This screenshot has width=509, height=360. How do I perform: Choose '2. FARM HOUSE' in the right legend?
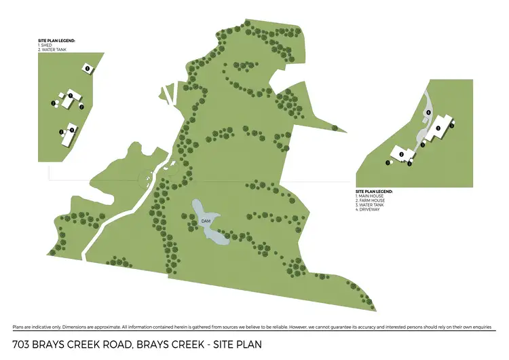point(371,200)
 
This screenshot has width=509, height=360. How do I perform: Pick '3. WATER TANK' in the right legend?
point(371,205)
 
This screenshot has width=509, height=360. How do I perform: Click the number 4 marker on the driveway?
point(428,113)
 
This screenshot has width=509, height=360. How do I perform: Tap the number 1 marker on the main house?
point(438,128)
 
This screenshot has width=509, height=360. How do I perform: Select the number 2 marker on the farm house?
point(402,155)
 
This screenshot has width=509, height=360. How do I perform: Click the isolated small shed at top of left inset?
point(87,67)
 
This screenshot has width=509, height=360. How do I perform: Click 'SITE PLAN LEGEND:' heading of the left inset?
point(56,41)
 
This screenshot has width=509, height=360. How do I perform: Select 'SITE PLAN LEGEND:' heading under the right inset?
point(375,191)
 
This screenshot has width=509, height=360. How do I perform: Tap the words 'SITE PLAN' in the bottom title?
point(237,345)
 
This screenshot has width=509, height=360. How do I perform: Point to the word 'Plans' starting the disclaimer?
point(20,327)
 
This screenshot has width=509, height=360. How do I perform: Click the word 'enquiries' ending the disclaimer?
point(478,327)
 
